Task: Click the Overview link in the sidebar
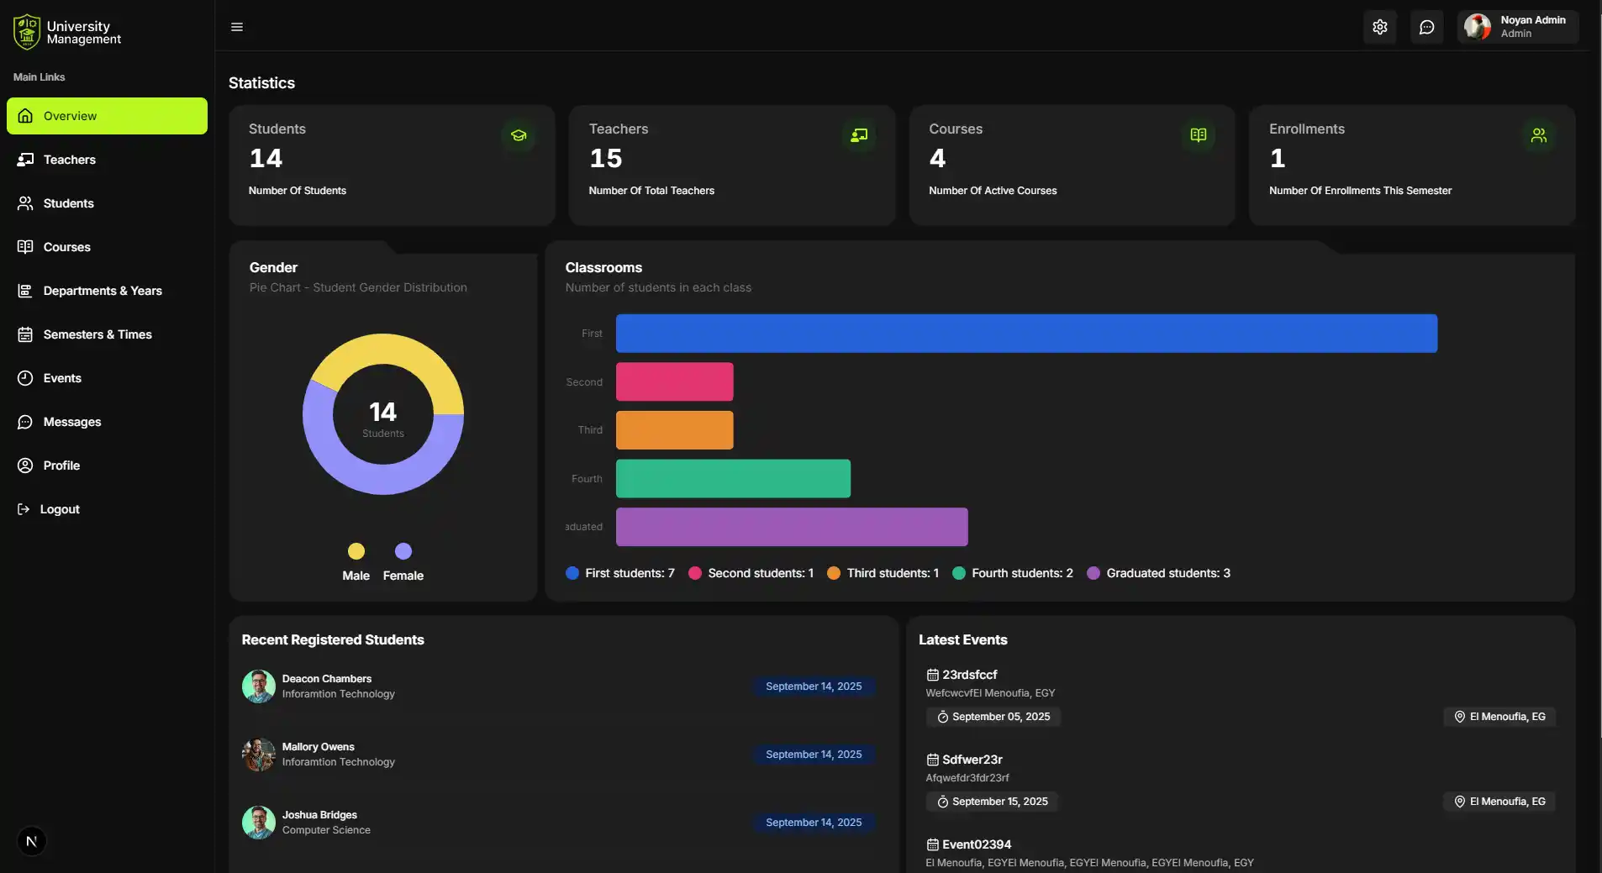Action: pyautogui.click(x=107, y=116)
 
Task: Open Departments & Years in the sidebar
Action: pyautogui.click(x=102, y=291)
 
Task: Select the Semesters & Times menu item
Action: pyautogui.click(x=97, y=334)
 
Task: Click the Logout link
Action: pyautogui.click(x=59, y=509)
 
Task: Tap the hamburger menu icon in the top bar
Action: pyautogui.click(x=237, y=27)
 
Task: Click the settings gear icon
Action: pyautogui.click(x=1379, y=27)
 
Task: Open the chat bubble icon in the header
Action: pyautogui.click(x=1426, y=27)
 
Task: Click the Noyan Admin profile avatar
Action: pyautogui.click(x=1477, y=27)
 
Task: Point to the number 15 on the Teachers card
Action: pyautogui.click(x=605, y=158)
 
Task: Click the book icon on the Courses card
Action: pyautogui.click(x=1198, y=135)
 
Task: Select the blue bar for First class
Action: pyautogui.click(x=1025, y=334)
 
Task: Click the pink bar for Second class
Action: pyautogui.click(x=674, y=382)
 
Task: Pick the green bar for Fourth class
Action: pyautogui.click(x=733, y=479)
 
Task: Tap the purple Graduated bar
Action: pyautogui.click(x=791, y=527)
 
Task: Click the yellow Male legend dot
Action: pyautogui.click(x=356, y=551)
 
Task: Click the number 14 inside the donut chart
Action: pyautogui.click(x=382, y=412)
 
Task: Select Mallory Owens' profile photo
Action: pyautogui.click(x=259, y=755)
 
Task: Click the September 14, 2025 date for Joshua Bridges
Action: pyautogui.click(x=813, y=823)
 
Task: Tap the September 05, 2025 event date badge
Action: pyautogui.click(x=993, y=717)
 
